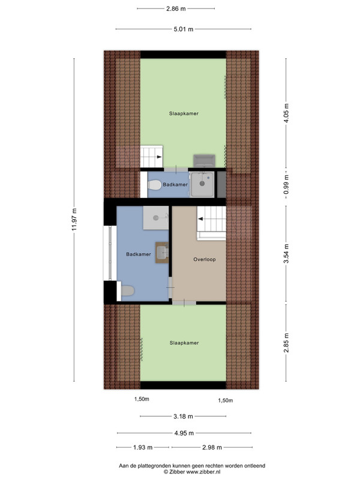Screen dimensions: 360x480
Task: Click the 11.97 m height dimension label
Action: (74, 220)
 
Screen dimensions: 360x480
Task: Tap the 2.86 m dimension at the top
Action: (176, 8)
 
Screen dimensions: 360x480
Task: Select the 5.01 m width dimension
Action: (184, 29)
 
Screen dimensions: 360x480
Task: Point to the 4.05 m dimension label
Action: (286, 113)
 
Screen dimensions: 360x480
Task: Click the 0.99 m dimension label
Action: (286, 184)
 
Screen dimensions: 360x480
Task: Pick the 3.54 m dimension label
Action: (286, 253)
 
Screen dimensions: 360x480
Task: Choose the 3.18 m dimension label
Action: (184, 416)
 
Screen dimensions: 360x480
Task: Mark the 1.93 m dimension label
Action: (143, 448)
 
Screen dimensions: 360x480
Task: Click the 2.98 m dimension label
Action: (212, 448)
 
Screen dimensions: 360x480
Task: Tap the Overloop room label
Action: (205, 260)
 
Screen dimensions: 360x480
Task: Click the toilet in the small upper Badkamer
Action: (155, 185)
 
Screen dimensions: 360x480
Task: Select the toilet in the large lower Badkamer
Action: (128, 291)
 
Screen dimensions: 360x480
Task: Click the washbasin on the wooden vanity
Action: (162, 253)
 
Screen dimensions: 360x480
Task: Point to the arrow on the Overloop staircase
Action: (200, 219)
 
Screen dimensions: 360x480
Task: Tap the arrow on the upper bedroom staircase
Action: (159, 157)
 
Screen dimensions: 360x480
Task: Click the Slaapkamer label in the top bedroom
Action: (184, 113)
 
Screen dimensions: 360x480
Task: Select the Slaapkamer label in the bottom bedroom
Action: (184, 343)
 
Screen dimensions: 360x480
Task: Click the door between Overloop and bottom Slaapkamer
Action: (184, 303)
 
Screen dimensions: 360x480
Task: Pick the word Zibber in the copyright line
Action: (176, 472)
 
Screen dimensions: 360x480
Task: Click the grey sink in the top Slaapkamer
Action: (204, 161)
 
